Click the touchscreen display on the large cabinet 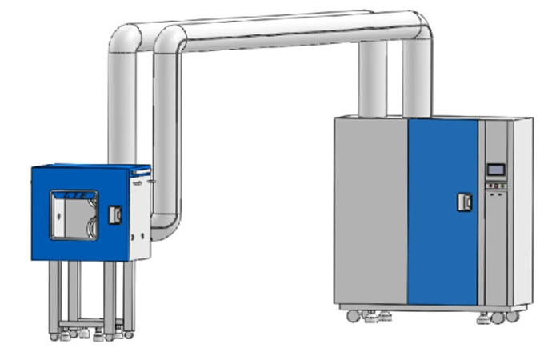(496, 170)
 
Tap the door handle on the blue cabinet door (464, 202)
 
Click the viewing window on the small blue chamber (74, 214)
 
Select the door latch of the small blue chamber (114, 214)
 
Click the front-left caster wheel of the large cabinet (353, 316)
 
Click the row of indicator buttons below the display (495, 190)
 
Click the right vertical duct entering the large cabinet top (415, 80)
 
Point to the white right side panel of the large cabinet (521, 212)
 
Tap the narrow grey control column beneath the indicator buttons (495, 248)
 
